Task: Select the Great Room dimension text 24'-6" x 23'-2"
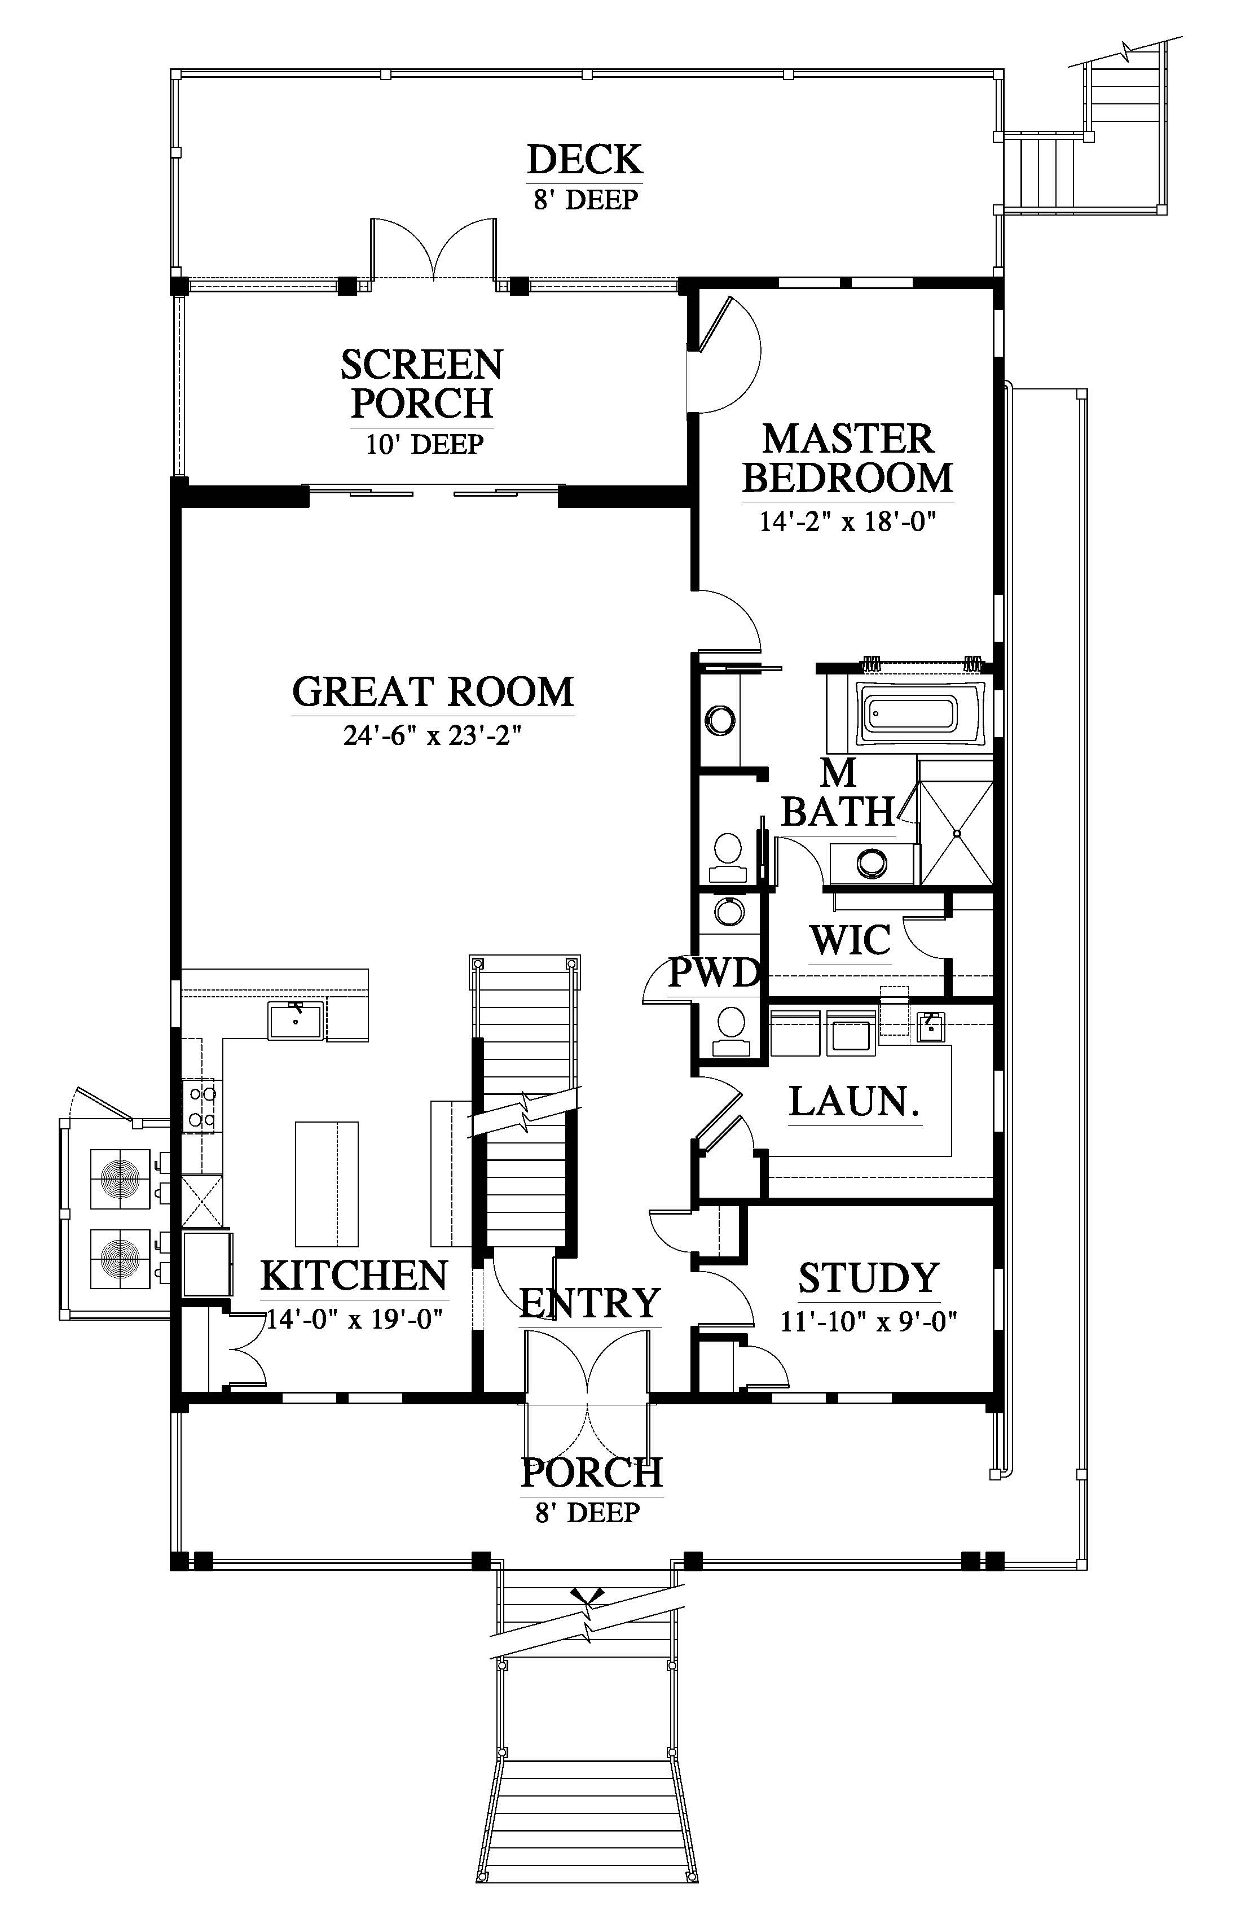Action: pyautogui.click(x=433, y=736)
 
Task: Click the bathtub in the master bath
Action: pyautogui.click(x=922, y=713)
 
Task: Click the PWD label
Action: pyautogui.click(x=715, y=973)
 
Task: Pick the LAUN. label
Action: pyautogui.click(x=854, y=1101)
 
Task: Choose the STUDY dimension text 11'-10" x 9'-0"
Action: pyautogui.click(x=869, y=1321)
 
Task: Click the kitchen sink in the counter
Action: pyautogui.click(x=296, y=1021)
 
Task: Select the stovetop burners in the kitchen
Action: pyautogui.click(x=201, y=1106)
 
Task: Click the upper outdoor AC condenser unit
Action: pyautogui.click(x=120, y=1180)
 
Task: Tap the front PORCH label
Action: pyautogui.click(x=592, y=1473)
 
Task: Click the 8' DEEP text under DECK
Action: pyautogui.click(x=586, y=199)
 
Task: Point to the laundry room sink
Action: pyautogui.click(x=931, y=1028)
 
